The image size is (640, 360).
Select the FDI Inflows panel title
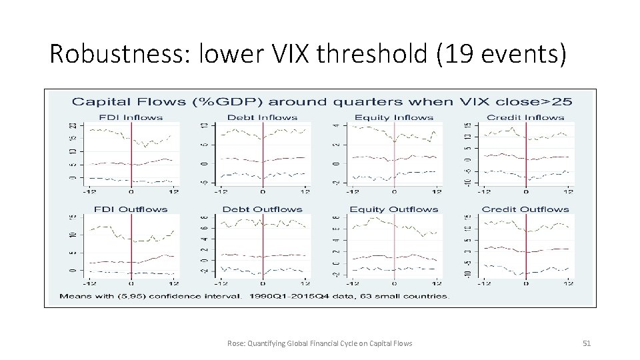pyautogui.click(x=131, y=118)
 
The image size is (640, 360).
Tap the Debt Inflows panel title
pyautogui.click(x=263, y=118)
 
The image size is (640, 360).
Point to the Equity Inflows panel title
pyautogui.click(x=394, y=118)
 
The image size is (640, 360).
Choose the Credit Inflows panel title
pyautogui.click(x=525, y=118)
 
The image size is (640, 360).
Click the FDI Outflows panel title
pyautogui.click(x=131, y=209)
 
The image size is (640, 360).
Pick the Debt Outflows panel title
pyautogui.click(x=263, y=209)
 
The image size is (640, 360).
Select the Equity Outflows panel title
pyautogui.click(x=394, y=209)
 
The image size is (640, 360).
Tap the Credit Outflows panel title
pyautogui.click(x=525, y=209)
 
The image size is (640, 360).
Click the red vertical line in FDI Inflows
pyautogui.click(x=132, y=153)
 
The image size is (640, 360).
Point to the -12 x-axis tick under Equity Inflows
pyautogui.click(x=351, y=192)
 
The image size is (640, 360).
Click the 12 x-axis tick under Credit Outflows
pyautogui.click(x=568, y=283)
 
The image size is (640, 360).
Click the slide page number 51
pyautogui.click(x=587, y=343)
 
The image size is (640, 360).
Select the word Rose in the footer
pyautogui.click(x=235, y=343)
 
